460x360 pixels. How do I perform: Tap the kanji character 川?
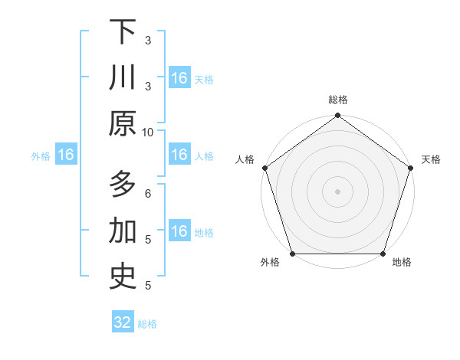click(x=123, y=77)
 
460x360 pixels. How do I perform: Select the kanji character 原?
click(x=123, y=123)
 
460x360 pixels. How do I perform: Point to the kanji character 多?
click(x=123, y=185)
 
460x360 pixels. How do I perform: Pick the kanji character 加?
click(x=123, y=231)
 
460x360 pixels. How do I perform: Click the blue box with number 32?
click(x=123, y=322)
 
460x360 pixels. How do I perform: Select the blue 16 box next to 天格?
click(x=179, y=78)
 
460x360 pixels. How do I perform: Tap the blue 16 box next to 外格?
click(x=65, y=155)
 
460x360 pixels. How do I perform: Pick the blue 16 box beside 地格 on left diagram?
click(x=179, y=231)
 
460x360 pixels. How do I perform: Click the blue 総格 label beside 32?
click(x=147, y=324)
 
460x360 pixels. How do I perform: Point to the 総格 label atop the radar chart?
click(x=337, y=100)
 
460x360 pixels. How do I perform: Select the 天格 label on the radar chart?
click(x=431, y=159)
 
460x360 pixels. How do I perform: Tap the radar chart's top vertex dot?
click(x=337, y=116)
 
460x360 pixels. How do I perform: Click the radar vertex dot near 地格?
click(x=383, y=254)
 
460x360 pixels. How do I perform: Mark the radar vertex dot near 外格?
click(x=292, y=254)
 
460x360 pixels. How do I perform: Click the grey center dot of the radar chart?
click(x=337, y=191)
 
